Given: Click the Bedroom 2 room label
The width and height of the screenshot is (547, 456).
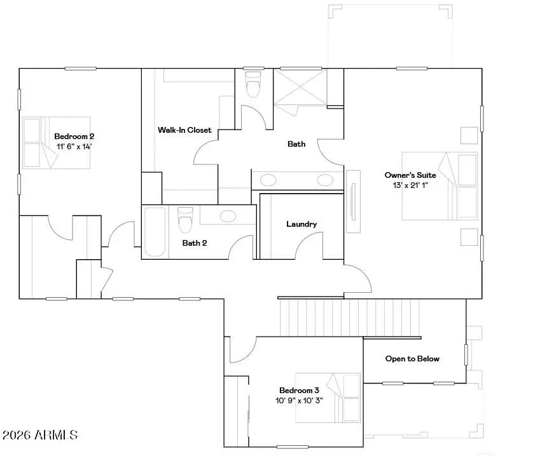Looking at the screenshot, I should (74, 136).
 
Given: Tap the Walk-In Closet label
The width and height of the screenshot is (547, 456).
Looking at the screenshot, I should (184, 130).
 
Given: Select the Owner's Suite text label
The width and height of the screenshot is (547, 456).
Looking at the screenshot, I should (410, 175).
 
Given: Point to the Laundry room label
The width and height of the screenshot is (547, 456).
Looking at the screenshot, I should (301, 224).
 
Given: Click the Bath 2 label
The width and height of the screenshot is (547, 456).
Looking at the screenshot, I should (195, 243).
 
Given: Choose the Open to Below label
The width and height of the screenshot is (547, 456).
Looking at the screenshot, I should (412, 359).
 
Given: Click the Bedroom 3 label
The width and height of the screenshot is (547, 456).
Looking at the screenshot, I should (299, 391).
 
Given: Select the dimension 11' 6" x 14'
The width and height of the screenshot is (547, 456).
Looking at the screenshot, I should (74, 146).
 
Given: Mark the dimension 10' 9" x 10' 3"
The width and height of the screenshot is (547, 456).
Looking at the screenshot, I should (299, 401).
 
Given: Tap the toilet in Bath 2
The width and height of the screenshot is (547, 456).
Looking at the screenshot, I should (185, 220).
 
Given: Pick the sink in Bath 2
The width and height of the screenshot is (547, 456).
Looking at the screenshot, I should (227, 215).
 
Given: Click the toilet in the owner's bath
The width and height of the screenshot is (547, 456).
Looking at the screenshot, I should (253, 84).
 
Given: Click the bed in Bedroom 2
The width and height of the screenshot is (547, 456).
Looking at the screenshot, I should (57, 143).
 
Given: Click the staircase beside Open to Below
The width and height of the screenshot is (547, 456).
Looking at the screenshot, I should (350, 317).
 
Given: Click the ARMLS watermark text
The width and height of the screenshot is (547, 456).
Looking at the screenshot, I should (40, 436).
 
